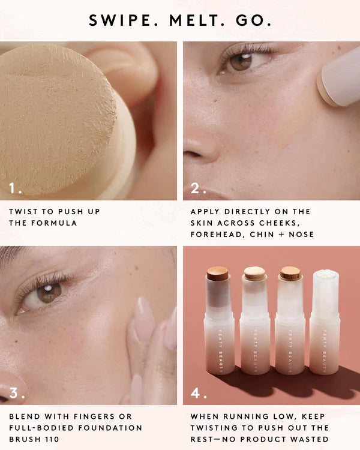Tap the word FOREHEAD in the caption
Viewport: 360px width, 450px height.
218,235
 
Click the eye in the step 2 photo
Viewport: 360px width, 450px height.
241,61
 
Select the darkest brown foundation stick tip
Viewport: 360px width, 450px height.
218,275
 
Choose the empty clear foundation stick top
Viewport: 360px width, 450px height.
325,278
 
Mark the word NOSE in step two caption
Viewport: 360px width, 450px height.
301,235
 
